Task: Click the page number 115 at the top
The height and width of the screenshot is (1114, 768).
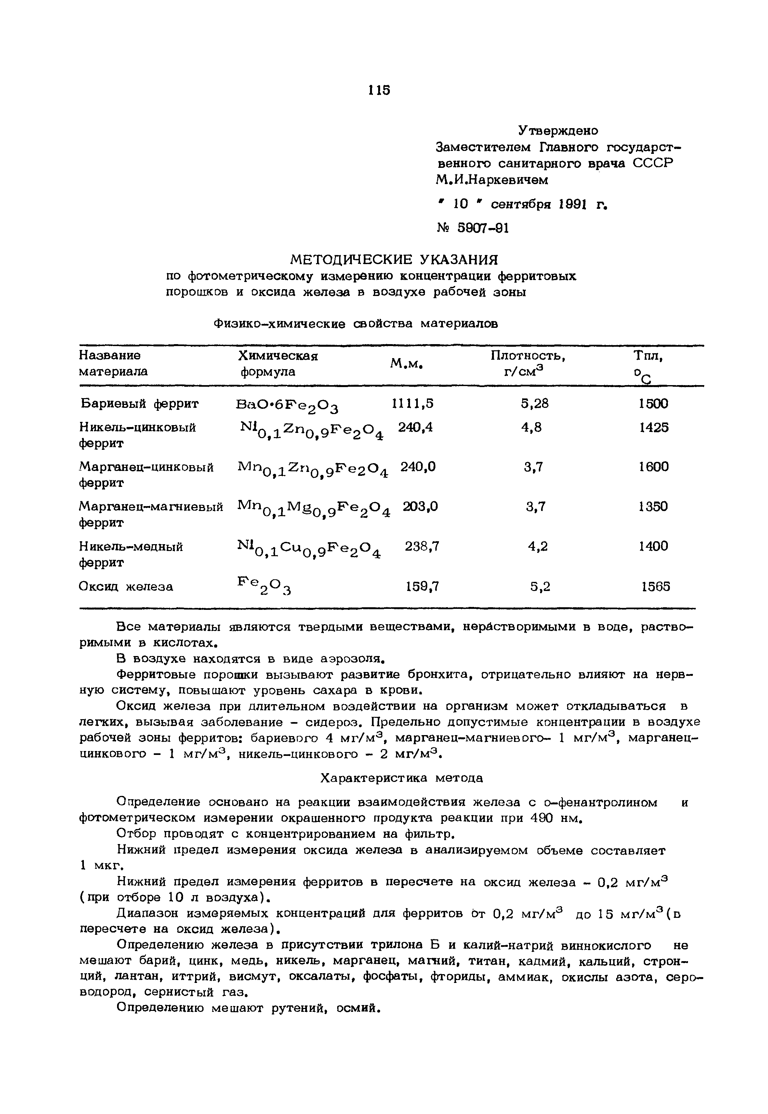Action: point(379,89)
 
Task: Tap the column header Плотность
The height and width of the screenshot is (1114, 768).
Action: point(528,356)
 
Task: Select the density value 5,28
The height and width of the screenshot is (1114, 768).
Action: point(534,403)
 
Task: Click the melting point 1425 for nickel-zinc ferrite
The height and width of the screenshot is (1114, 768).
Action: point(654,427)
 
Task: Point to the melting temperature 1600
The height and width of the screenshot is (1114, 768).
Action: point(654,466)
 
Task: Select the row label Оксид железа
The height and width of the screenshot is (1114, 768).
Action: point(126,586)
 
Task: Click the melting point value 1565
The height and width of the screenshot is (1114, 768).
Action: point(655,586)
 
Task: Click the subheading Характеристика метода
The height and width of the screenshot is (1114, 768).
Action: point(402,778)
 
